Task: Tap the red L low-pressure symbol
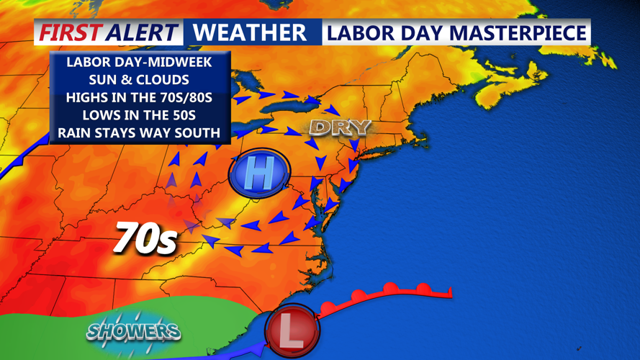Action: (292, 330)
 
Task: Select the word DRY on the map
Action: (340, 128)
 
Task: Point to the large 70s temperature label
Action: (145, 238)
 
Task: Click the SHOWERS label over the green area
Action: (134, 332)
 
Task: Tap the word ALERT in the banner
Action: (142, 32)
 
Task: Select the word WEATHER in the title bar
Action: (250, 32)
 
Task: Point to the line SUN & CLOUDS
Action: (139, 79)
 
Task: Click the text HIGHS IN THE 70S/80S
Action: (139, 97)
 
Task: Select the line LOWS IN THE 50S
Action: (139, 114)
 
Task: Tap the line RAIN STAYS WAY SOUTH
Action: (139, 132)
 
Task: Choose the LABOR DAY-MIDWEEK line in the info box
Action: (139, 62)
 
